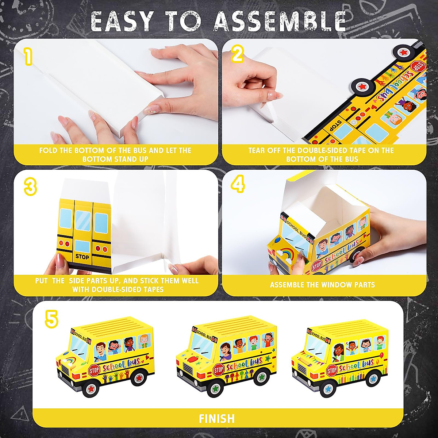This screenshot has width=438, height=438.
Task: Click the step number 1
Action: click(x=28, y=57)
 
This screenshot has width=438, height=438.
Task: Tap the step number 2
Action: click(x=237, y=54)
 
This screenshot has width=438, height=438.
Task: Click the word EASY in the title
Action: click(x=124, y=23)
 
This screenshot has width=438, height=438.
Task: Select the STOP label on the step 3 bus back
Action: click(x=82, y=257)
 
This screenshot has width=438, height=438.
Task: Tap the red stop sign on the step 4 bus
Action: click(x=316, y=265)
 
